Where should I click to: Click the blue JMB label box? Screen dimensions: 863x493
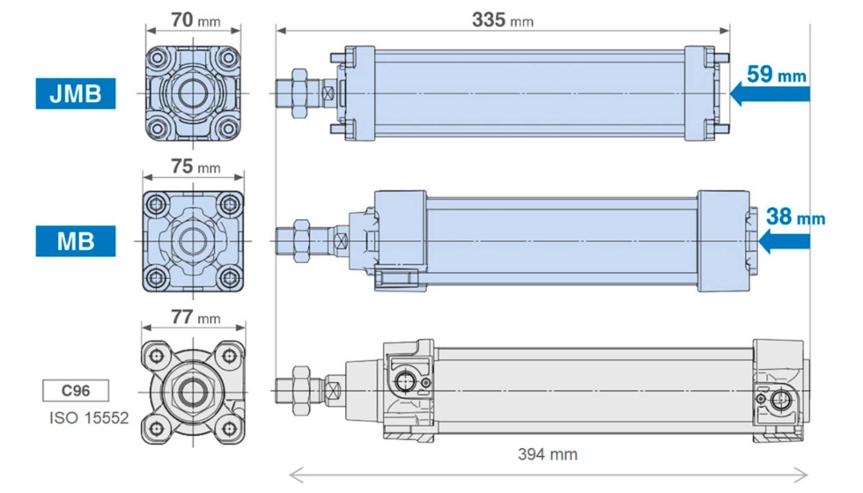click(x=76, y=93)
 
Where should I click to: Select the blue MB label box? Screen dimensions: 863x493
click(x=76, y=241)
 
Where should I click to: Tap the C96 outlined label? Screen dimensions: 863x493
click(x=76, y=391)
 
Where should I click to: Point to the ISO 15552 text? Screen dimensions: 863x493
click(x=89, y=418)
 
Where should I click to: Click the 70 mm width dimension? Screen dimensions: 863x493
click(x=195, y=20)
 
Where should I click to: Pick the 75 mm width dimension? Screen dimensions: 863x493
click(x=195, y=166)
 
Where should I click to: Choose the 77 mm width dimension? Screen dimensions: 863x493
click(x=195, y=318)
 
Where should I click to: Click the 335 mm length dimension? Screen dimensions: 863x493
click(x=503, y=20)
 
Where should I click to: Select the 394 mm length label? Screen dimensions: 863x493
click(x=548, y=454)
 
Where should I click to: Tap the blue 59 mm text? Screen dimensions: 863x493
click(x=776, y=74)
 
